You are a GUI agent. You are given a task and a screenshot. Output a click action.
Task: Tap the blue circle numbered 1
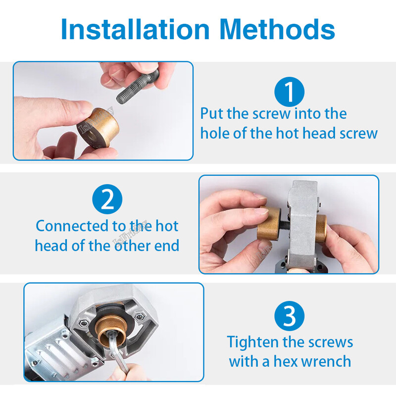click(x=289, y=92)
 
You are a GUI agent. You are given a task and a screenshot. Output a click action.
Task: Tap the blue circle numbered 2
click(x=107, y=199)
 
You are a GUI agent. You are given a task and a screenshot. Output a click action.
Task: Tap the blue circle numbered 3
click(x=289, y=316)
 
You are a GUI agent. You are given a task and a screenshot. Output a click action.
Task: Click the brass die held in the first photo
click(x=98, y=128)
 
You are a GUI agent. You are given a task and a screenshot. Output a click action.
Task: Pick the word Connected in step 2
click(x=72, y=226)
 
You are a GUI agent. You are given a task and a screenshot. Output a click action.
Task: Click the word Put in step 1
click(x=212, y=114)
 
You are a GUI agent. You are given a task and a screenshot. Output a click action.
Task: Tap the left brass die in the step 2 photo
click(x=269, y=223)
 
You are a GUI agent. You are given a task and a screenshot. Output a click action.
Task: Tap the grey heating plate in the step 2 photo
click(x=303, y=225)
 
